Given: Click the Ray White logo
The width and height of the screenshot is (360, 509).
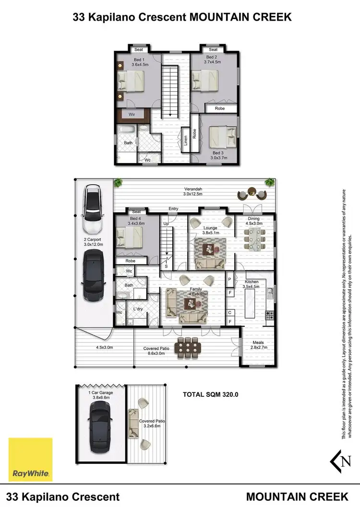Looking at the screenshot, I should (31, 459).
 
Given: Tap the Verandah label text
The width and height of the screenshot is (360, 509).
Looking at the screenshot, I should (192, 188).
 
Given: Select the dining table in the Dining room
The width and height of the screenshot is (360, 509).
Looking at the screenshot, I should (254, 237).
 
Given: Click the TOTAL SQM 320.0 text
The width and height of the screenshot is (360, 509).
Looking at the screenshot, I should (211, 394).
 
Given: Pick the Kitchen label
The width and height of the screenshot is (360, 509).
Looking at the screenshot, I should (252, 282).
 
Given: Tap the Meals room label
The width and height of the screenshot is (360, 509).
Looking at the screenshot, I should (258, 343).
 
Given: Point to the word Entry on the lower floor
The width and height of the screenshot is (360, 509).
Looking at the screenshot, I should (173, 209).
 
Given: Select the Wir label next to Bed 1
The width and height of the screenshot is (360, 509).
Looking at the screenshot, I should (131, 115).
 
